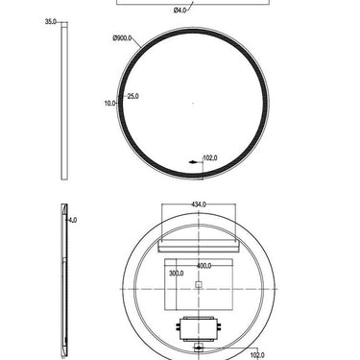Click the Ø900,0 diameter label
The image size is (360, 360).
coord(123,38)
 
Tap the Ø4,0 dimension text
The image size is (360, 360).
coord(180,11)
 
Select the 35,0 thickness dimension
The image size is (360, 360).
coord(51,21)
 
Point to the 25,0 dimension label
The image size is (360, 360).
coord(132,96)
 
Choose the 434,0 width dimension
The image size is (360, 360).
coord(199,204)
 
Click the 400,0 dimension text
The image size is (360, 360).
coord(204,265)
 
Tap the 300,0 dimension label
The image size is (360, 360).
coord(175,274)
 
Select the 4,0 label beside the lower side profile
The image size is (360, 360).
coord(73,220)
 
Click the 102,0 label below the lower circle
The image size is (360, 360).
coord(256,355)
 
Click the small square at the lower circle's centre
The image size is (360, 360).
coord(199,285)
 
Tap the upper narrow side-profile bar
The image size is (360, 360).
coord(64,101)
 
